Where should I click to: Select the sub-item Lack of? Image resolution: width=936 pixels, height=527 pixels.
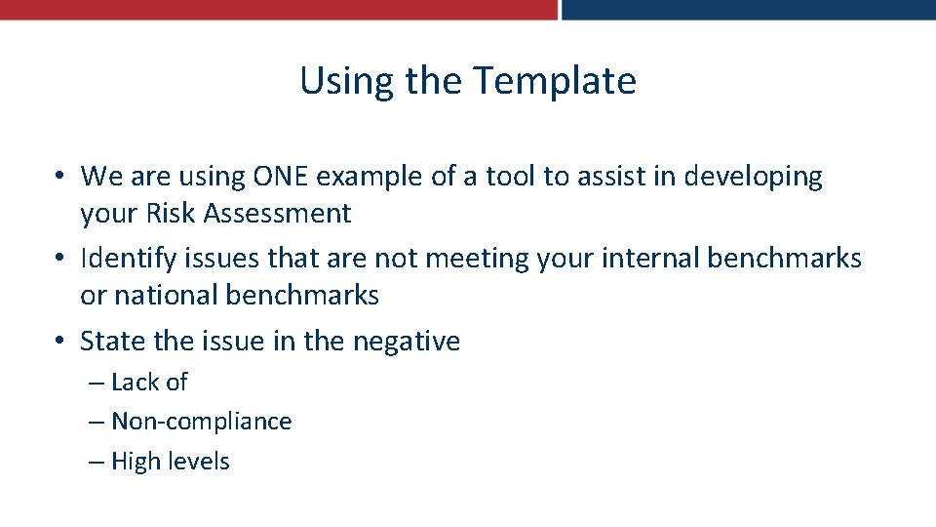pyautogui.click(x=148, y=383)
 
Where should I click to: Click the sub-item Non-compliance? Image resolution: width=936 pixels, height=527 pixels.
pyautogui.click(x=201, y=422)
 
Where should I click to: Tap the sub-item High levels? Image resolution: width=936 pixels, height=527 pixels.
pyautogui.click(x=170, y=462)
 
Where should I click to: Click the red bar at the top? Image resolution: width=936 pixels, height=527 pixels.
pyautogui.click(x=278, y=10)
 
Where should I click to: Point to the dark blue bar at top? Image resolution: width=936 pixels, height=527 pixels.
pyautogui.click(x=748, y=10)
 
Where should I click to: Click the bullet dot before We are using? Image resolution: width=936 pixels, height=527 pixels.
pyautogui.click(x=59, y=177)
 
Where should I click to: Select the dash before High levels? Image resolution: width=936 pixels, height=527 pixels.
pyautogui.click(x=96, y=462)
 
